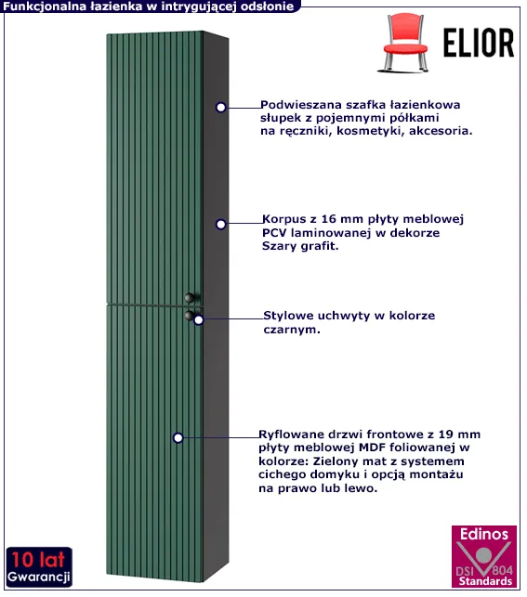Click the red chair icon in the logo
(x=405, y=43)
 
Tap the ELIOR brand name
(x=479, y=43)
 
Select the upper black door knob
(x=191, y=297)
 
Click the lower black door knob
(x=189, y=316)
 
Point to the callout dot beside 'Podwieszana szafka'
(x=220, y=108)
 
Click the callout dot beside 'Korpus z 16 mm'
(x=220, y=225)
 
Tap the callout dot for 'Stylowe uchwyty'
(x=199, y=320)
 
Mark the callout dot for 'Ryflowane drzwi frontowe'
(x=178, y=438)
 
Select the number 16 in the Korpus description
(x=329, y=219)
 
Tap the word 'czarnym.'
(x=292, y=330)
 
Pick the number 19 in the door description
(x=446, y=434)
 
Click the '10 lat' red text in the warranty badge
(x=38, y=560)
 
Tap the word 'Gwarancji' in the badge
(x=38, y=578)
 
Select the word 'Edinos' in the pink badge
(x=484, y=534)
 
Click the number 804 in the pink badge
(x=502, y=570)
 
